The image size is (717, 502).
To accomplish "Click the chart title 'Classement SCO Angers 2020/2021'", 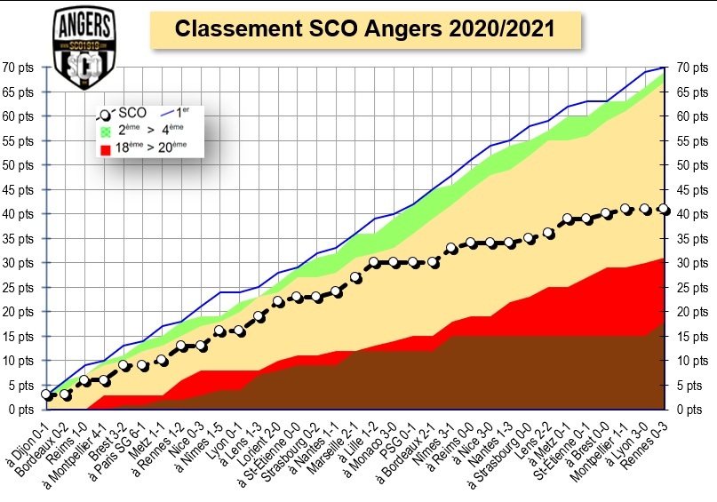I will tap(365, 28).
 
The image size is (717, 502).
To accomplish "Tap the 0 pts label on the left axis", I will tap(20, 410).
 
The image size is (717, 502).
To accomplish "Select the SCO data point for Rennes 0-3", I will tap(664, 209).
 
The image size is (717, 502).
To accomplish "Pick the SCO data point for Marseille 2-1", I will tap(355, 277).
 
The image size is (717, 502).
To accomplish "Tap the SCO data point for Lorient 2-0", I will tap(278, 302).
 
